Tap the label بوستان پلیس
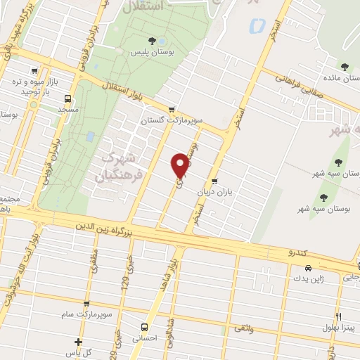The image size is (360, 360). [x=152, y=53]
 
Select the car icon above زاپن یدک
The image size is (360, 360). [x=308, y=268]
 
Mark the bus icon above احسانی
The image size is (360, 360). [x=144, y=327]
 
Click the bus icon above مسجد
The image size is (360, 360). [x=68, y=98]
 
